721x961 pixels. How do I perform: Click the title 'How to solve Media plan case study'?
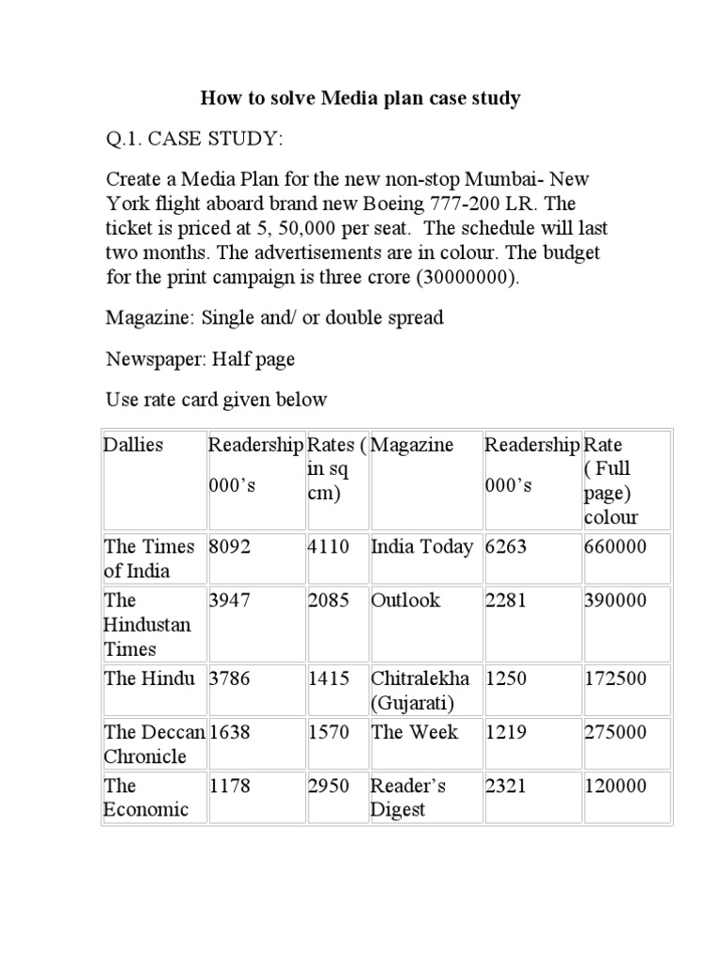[360, 98]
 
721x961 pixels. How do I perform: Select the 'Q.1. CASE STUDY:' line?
[192, 139]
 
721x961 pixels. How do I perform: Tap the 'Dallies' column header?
[133, 445]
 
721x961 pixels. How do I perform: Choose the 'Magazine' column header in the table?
[412, 445]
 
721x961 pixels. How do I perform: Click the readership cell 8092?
[231, 546]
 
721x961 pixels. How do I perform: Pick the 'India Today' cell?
[422, 546]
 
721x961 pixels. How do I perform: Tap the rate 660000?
[615, 546]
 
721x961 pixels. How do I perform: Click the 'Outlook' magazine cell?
[406, 601]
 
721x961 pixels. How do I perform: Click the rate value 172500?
[615, 679]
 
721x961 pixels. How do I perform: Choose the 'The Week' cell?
[415, 732]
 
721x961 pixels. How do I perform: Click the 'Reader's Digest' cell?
[408, 798]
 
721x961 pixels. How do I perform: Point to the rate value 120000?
[615, 786]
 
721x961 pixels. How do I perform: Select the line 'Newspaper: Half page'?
[200, 358]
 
